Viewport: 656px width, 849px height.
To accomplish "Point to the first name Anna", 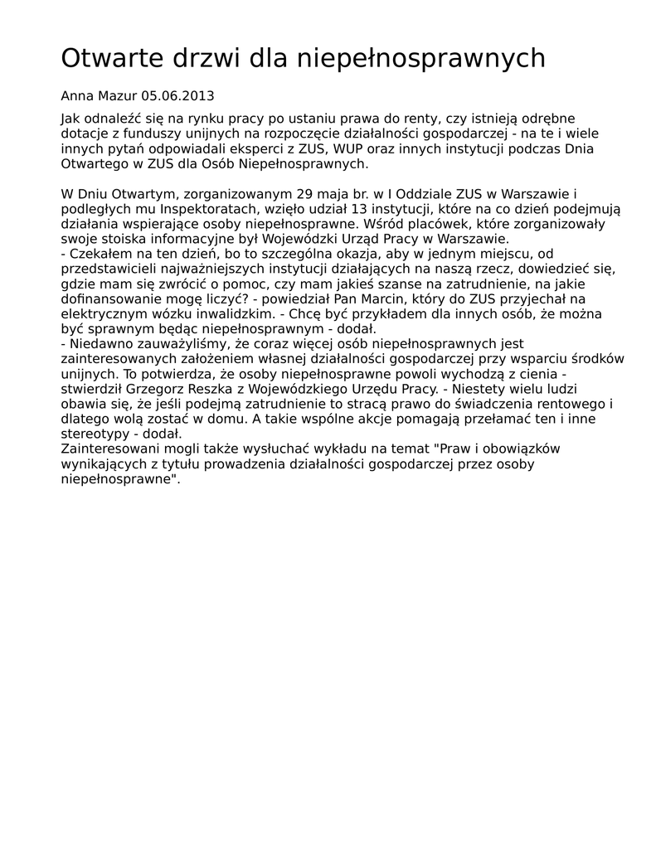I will [78, 96].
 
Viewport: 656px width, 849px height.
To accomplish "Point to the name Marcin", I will [455, 298].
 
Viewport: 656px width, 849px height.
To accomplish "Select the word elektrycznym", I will [100, 313].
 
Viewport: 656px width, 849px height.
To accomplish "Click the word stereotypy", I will [96, 433].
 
